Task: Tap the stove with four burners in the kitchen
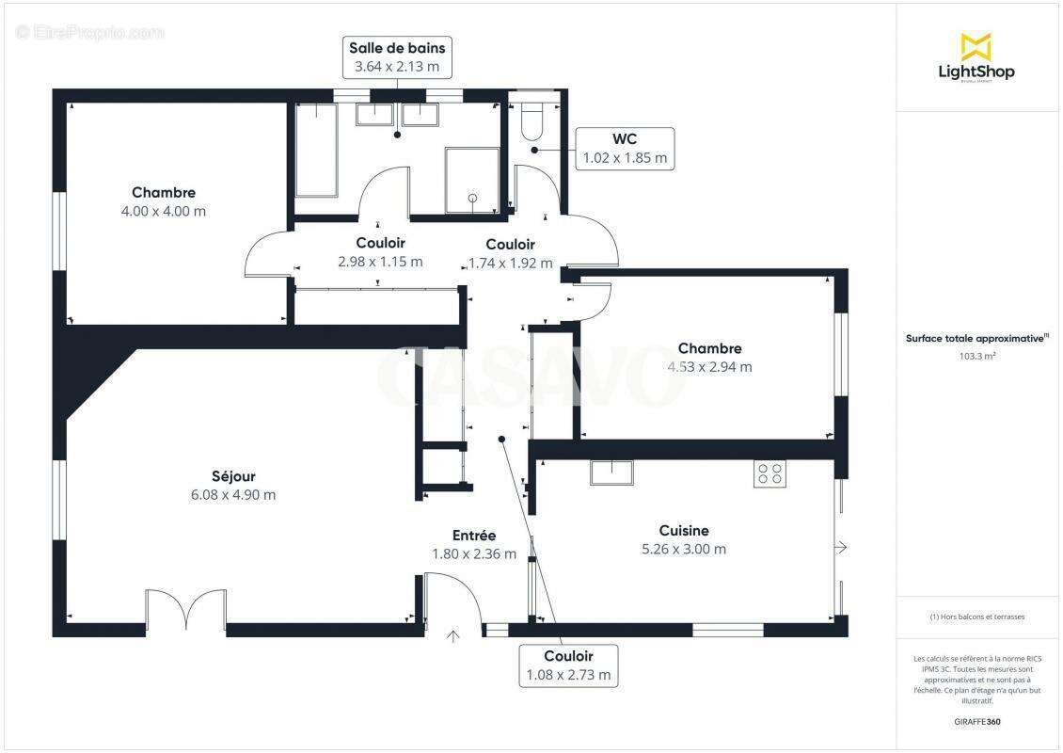769,473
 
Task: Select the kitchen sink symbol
611,472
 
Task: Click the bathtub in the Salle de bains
317,150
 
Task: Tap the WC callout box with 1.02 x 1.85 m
625,149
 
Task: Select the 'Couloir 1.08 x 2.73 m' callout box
568,665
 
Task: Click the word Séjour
233,476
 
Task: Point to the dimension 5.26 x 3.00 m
683,550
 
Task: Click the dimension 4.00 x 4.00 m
164,212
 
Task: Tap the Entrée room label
473,536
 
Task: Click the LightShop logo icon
976,47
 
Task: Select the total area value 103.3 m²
977,357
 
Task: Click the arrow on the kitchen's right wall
841,547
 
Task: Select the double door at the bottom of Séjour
186,610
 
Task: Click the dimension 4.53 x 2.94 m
709,367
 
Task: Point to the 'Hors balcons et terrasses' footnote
977,617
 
